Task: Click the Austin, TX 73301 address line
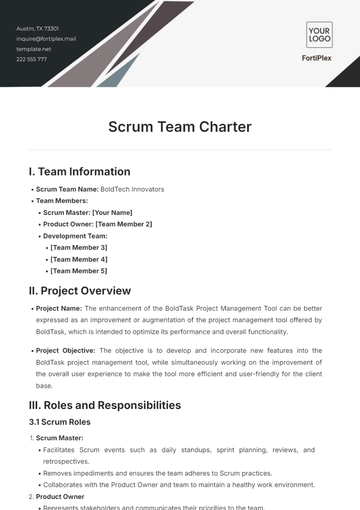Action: coord(38,29)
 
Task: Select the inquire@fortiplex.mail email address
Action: coord(46,39)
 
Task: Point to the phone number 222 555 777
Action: coord(32,59)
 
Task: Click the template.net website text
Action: coord(33,49)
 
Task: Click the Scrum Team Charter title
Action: coord(180,127)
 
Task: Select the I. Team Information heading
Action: coord(79,171)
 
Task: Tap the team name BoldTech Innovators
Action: coord(132,188)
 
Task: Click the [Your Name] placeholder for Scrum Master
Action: coord(112,212)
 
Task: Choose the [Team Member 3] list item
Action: coord(79,247)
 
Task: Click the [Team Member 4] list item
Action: coord(79,259)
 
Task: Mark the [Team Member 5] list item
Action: coord(79,271)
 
